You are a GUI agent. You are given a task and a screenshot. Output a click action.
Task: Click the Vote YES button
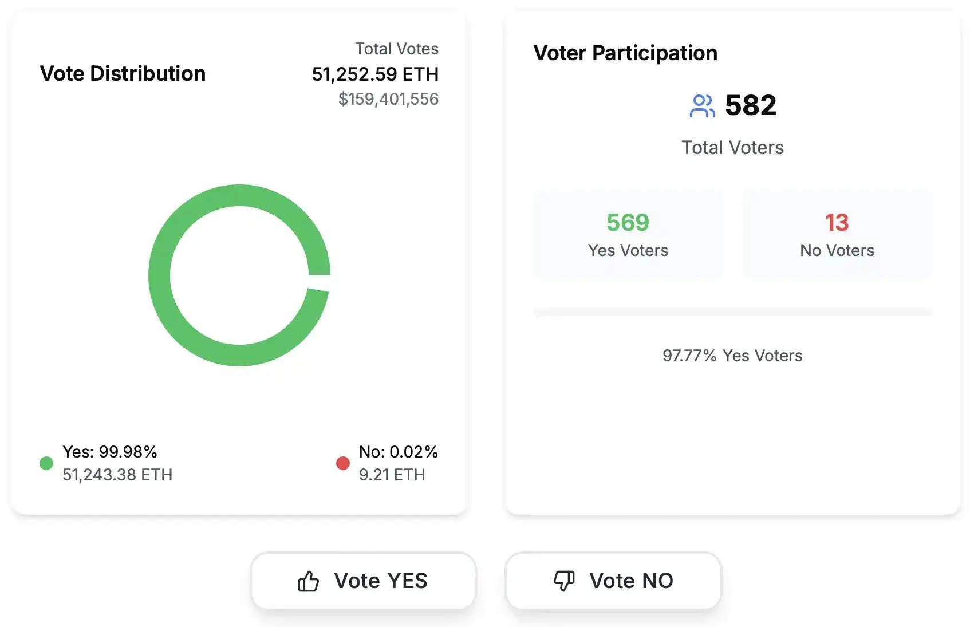coord(363,581)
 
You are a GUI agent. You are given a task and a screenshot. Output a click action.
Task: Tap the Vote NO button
coord(613,581)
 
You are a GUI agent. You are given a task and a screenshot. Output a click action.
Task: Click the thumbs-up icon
coord(308,581)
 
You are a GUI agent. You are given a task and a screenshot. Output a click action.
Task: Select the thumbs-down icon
coord(564,581)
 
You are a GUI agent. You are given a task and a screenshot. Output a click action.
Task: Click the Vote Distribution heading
coord(123,73)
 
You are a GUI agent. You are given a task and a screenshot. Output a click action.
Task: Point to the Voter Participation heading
coord(625,53)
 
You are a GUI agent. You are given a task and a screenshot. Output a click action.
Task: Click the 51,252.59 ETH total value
coord(375,74)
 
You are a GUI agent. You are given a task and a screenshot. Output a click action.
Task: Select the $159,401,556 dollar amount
coord(388,99)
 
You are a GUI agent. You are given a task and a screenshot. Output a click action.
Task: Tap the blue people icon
coord(702,106)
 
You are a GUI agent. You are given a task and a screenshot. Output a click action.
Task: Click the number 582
coord(751,105)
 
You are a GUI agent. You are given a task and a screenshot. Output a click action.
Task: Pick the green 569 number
coord(628,222)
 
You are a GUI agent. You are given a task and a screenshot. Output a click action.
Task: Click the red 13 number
coord(837,222)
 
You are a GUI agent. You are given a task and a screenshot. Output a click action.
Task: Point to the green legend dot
coord(46,463)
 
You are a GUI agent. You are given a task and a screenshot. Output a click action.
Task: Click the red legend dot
coord(343,463)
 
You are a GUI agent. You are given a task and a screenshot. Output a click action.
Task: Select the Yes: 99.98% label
coord(110,452)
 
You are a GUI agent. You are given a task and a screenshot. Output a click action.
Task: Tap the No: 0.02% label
coord(399,452)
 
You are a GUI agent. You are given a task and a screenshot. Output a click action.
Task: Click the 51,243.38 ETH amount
coord(117,475)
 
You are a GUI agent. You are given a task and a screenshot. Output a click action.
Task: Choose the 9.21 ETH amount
coord(392,475)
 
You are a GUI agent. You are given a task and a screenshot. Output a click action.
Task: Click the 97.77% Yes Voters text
coord(732,356)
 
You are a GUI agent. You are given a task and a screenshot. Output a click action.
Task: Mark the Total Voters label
coord(732,148)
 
